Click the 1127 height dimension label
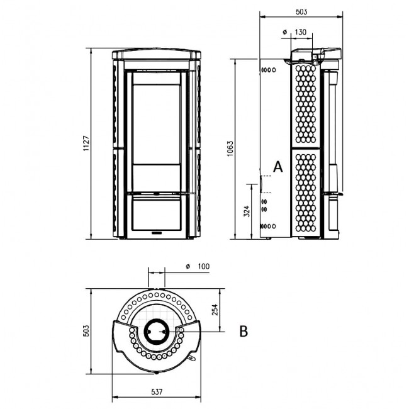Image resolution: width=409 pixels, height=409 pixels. (86, 143)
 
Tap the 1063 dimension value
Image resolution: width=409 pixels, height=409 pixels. (230, 148)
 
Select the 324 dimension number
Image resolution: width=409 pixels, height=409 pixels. (247, 211)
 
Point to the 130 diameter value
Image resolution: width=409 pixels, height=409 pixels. (301, 32)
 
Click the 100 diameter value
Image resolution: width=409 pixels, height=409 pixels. (204, 266)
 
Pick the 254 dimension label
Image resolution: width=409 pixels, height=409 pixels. (215, 310)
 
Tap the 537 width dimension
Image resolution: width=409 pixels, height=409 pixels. (157, 391)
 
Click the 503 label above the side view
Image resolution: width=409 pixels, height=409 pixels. (301, 12)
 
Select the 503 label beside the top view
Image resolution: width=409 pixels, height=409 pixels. (86, 331)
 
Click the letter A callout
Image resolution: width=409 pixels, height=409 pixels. (277, 167)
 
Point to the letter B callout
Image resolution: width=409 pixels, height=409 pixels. (244, 331)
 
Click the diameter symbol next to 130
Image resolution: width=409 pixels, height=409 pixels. (285, 32)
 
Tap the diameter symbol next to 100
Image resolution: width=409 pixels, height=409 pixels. (188, 266)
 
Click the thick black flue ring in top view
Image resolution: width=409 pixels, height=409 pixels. (145, 332)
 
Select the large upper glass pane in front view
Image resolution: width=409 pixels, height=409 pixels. (157, 124)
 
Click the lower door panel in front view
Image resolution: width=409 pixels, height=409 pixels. (157, 215)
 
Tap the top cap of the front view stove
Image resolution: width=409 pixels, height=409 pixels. (157, 54)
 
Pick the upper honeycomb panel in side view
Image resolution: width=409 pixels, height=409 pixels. (306, 104)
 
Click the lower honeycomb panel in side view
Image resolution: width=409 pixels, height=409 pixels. (306, 193)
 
